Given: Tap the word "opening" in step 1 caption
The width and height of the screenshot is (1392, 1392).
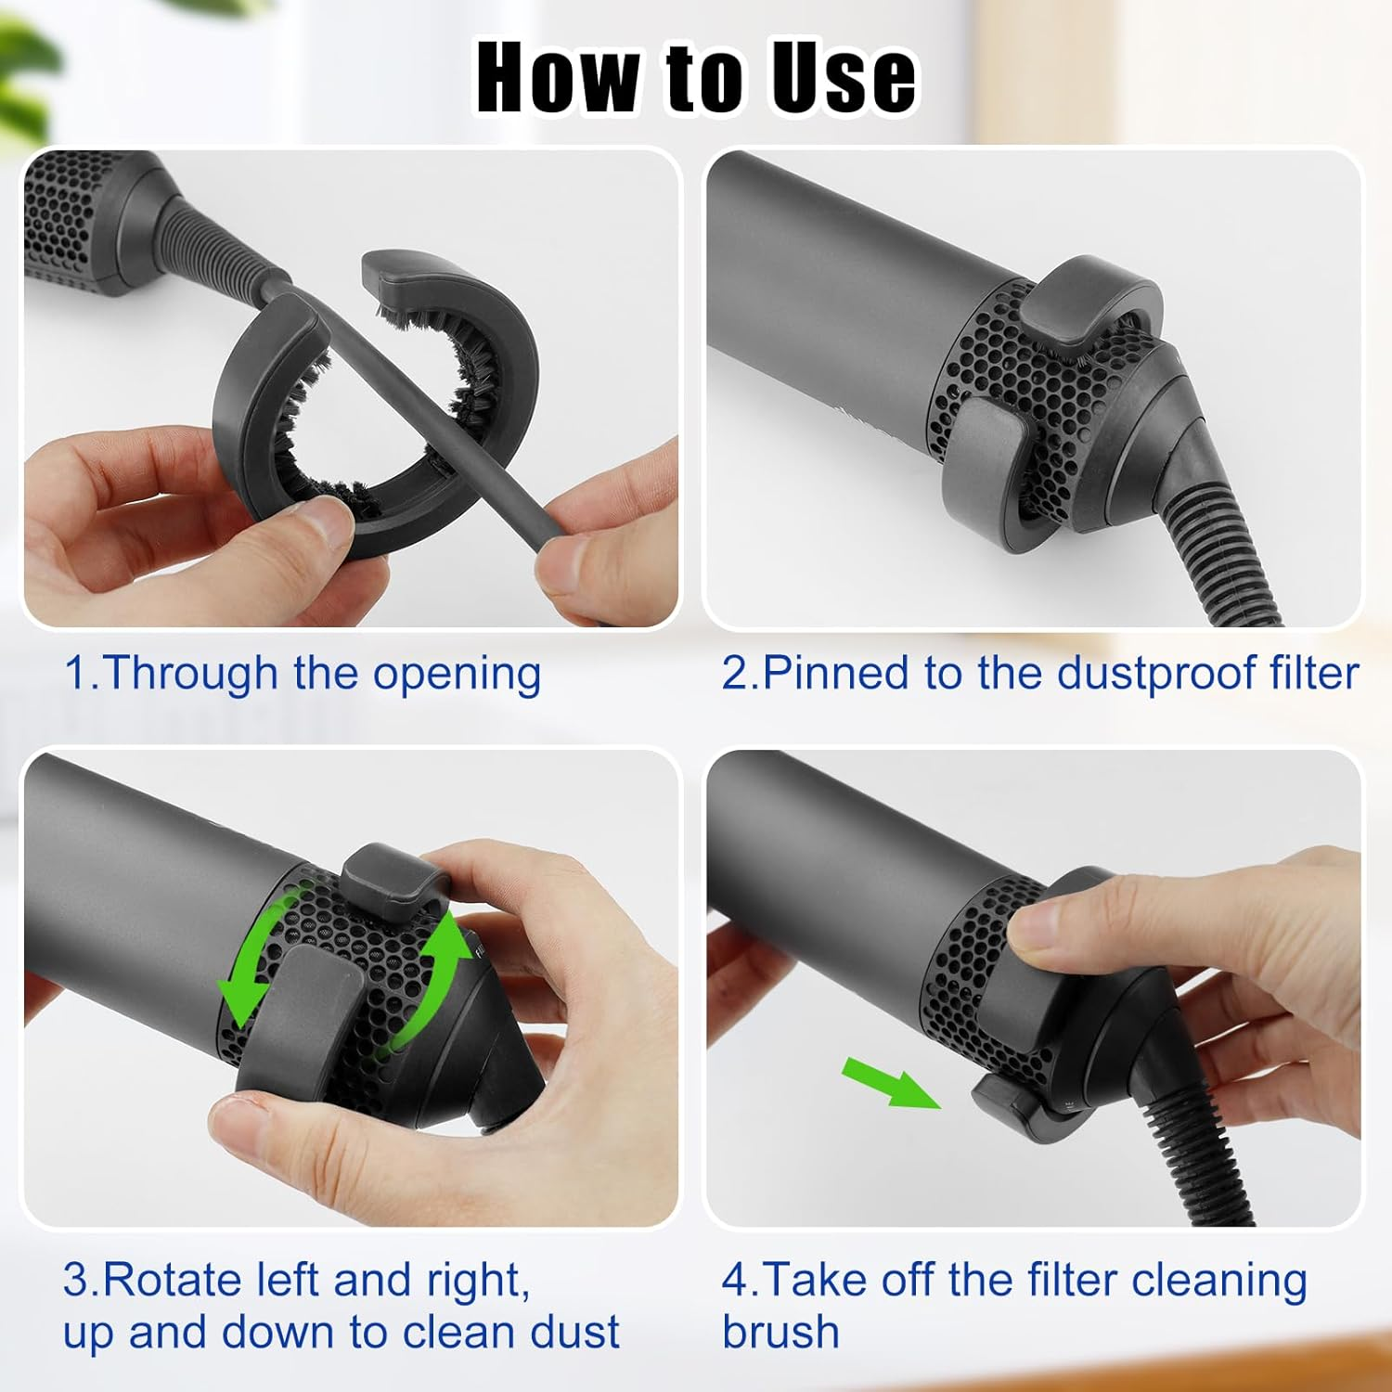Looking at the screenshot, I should point(457,675).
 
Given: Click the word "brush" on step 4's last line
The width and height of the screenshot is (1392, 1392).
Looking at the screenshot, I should point(780,1333).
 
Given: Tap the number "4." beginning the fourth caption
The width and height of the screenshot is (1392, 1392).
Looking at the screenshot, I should point(740,1282).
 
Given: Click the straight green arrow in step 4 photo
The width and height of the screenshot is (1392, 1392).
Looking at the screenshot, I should point(889,1084).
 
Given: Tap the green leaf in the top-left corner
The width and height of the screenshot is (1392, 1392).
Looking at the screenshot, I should point(37,56).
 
